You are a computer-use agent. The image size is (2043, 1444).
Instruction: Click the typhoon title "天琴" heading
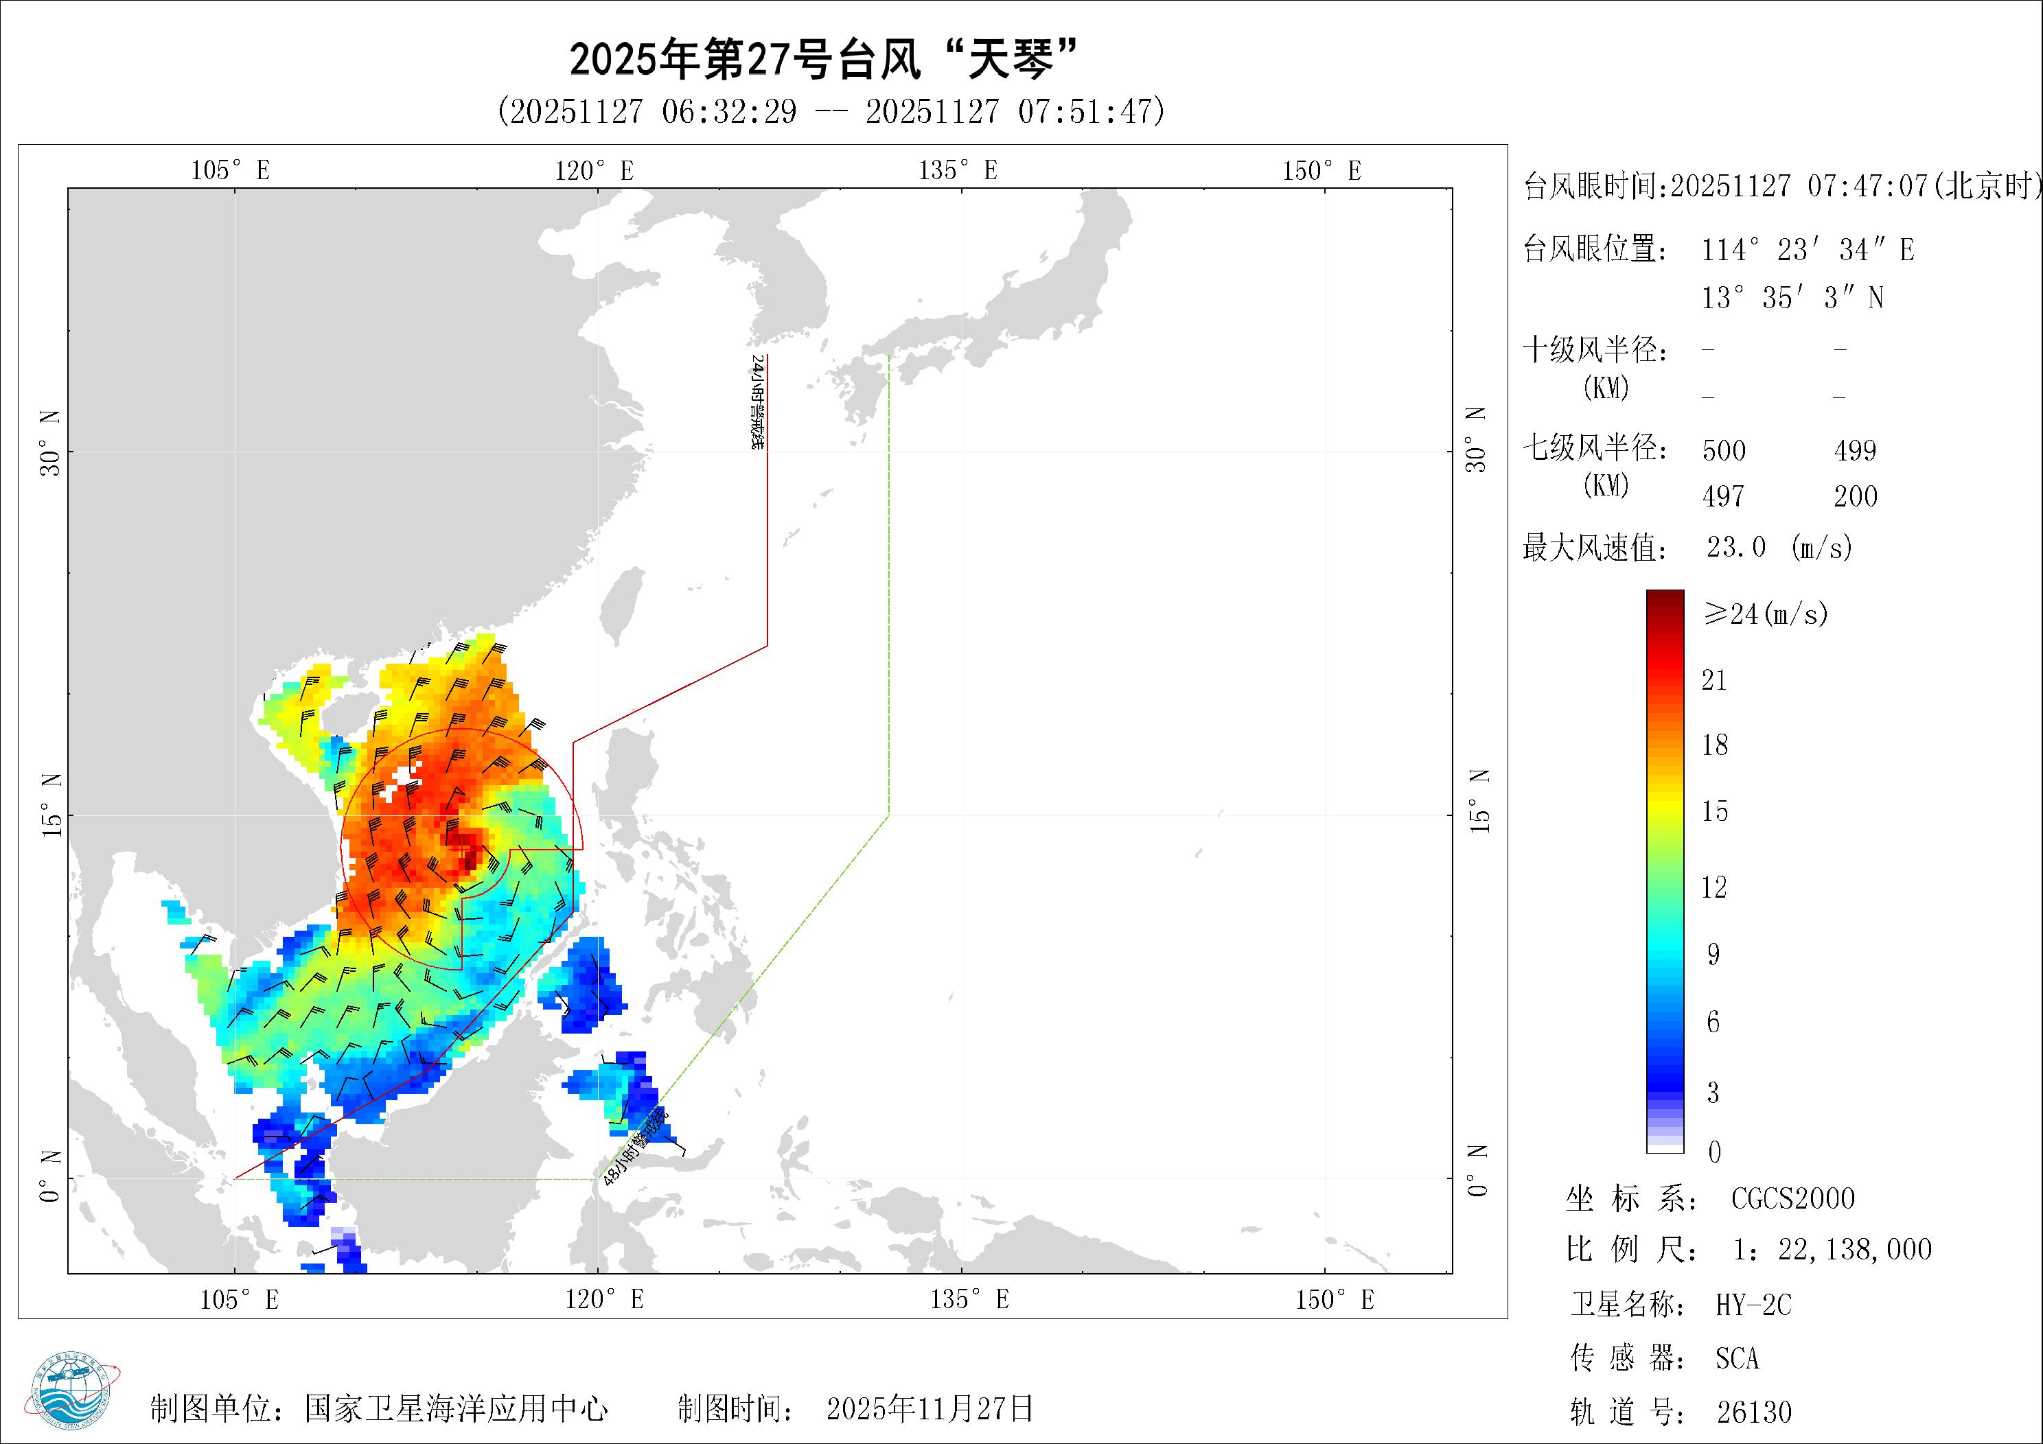[823, 60]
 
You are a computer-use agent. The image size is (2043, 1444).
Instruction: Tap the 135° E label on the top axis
[958, 170]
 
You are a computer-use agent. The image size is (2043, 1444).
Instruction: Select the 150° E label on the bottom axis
[1334, 1300]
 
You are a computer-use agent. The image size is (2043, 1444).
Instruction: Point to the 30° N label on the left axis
[50, 442]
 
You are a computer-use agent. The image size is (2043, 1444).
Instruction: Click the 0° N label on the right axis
[1477, 1171]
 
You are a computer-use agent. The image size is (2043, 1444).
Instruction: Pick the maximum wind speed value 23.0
[1735, 546]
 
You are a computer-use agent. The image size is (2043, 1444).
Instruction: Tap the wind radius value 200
[1856, 496]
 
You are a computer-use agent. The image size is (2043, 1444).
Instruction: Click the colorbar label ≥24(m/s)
[1764, 613]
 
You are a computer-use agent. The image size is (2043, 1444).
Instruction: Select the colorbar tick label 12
[1713, 887]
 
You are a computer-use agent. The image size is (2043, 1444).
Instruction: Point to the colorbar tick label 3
[1713, 1093]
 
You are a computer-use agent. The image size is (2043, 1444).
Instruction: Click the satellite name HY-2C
[1753, 1305]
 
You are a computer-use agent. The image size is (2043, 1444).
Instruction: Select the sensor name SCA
[1737, 1359]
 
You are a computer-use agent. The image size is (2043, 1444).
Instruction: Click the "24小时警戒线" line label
[757, 401]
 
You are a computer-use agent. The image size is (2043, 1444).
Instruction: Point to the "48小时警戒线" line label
[634, 1148]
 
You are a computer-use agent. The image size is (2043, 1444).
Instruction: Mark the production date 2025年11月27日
[930, 1408]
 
